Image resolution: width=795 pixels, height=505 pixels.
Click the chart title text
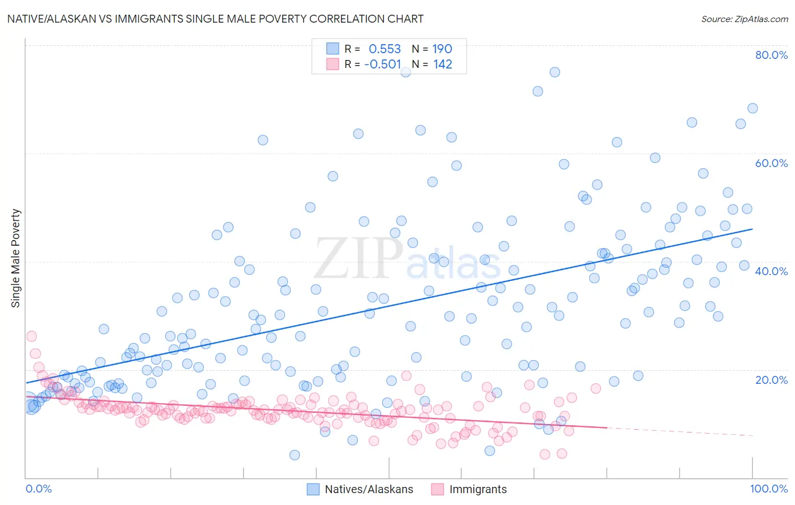coord(214,19)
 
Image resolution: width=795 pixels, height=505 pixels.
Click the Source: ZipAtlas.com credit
coord(744,19)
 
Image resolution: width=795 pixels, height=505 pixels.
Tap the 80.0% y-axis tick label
coord(771,55)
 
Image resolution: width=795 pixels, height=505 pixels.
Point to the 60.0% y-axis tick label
coord(771,163)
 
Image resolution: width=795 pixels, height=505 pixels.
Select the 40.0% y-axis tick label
coord(771,271)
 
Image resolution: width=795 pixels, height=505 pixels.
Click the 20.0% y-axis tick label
coord(771,379)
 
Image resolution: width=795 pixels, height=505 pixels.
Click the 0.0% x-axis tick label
coord(38,489)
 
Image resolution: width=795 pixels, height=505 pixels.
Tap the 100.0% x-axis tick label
coord(768,489)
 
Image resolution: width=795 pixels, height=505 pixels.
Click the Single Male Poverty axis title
coord(16,258)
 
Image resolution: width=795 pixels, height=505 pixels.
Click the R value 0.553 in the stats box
coord(384,49)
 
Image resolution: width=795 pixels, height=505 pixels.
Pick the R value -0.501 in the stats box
coord(382,65)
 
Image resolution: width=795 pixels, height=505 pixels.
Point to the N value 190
coord(442,49)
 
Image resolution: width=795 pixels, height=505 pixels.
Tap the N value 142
coord(443,65)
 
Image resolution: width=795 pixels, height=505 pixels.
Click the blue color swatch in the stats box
coord(332,49)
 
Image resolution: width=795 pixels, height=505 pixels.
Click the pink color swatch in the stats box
coord(332,64)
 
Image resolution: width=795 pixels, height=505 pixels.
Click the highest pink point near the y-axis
coord(31,336)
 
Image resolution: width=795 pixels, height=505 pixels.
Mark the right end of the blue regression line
coord(752,229)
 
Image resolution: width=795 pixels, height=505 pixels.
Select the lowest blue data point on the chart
coord(295,455)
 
